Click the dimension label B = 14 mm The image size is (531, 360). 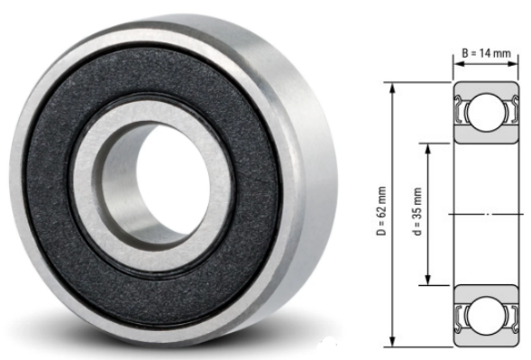point(486,53)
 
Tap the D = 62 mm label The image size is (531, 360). point(381,210)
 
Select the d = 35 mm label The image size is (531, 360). point(417,211)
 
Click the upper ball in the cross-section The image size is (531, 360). point(486,112)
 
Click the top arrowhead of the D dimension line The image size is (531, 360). point(392,88)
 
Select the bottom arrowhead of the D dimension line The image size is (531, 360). point(392,341)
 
